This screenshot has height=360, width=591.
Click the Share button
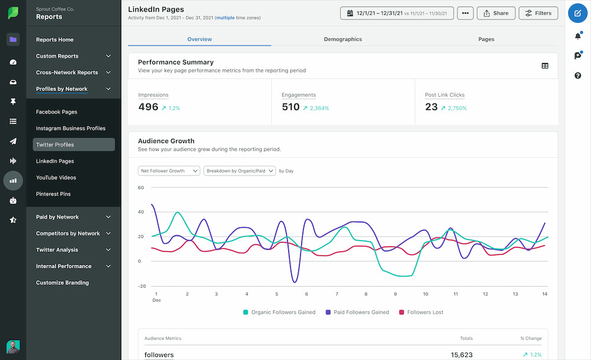[496, 13]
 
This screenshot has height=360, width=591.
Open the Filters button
[538, 13]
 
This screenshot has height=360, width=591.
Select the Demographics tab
[343, 39]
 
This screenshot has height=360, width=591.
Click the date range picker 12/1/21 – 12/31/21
[397, 13]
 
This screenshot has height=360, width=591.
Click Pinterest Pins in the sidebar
[53, 194]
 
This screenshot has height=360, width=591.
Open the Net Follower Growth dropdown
[169, 171]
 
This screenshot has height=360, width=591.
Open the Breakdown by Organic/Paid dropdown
[239, 171]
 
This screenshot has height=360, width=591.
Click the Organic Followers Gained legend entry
[279, 312]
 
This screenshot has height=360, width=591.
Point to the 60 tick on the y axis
[141, 188]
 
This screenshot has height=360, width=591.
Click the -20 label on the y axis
[141, 286]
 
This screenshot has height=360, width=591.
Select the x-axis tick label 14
[544, 294]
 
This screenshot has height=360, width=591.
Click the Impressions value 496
[148, 107]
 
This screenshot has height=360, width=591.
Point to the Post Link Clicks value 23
[431, 107]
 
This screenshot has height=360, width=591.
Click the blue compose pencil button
[577, 13]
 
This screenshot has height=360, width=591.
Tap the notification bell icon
[577, 36]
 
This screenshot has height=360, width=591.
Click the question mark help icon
[577, 76]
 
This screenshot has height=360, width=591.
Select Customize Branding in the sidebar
[62, 283]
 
